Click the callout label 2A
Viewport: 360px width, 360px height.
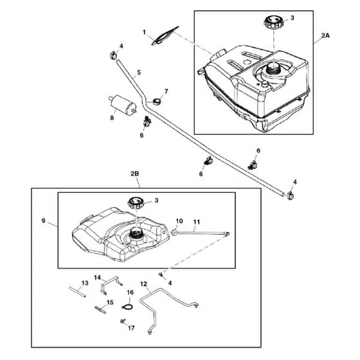click(325, 35)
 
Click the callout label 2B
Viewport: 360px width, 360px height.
click(135, 174)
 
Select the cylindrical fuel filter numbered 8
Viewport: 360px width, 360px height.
click(123, 105)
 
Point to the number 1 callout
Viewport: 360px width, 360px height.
click(144, 32)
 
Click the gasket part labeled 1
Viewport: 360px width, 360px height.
click(165, 36)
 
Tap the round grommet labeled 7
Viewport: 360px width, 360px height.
click(157, 101)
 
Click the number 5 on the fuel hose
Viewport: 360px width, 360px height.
click(139, 73)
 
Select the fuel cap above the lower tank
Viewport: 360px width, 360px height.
click(136, 203)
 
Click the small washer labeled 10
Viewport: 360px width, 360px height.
click(174, 233)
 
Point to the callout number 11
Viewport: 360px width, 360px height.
click(197, 222)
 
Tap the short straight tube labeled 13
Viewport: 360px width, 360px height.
click(77, 292)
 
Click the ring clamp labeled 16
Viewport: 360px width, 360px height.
click(127, 307)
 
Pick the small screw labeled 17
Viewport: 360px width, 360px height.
click(123, 321)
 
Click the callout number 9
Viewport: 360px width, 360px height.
click(44, 221)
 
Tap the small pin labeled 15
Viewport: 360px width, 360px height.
click(100, 310)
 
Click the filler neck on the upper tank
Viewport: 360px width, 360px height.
click(273, 68)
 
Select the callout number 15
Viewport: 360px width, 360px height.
click(110, 302)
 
